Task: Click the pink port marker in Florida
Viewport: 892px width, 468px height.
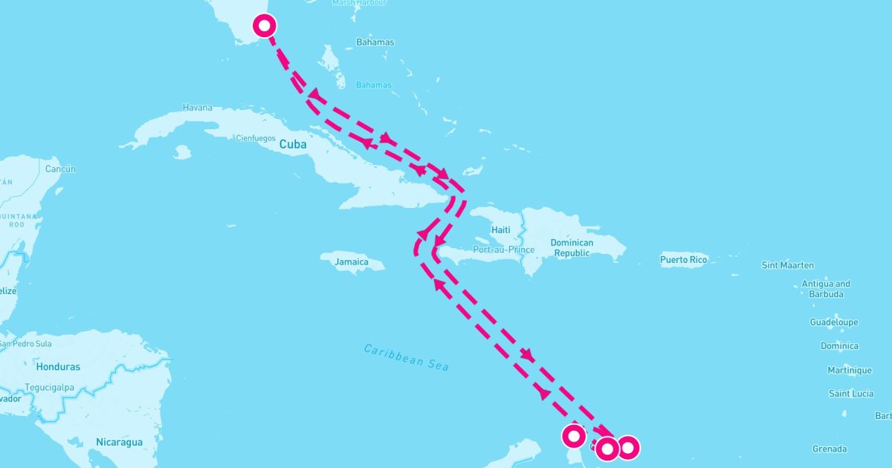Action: coord(265,25)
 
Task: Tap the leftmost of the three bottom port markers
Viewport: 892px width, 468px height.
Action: coord(574,435)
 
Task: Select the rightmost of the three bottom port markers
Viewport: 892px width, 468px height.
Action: coord(627,447)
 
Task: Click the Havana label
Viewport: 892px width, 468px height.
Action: coord(197,108)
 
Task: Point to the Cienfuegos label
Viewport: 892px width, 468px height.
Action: coord(255,138)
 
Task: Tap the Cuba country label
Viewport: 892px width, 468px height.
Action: coord(293,145)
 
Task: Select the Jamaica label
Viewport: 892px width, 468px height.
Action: coord(352,261)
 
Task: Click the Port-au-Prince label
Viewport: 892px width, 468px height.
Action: coord(504,250)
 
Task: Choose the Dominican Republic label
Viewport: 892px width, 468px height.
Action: coord(572,248)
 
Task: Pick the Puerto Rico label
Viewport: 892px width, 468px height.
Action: coord(683,260)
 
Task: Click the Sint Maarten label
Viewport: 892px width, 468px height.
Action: coord(787,265)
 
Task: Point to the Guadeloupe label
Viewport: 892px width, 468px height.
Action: coord(833,322)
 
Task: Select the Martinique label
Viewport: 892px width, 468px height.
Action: coord(850,370)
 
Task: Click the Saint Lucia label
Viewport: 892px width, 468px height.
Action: coord(851,394)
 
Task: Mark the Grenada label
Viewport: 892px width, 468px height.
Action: coord(830,449)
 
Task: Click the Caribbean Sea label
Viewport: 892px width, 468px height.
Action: coord(406,357)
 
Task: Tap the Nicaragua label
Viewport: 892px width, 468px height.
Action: coord(119,442)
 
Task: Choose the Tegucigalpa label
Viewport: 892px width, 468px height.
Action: coord(47,387)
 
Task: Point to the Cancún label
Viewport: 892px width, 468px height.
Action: coord(60,169)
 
